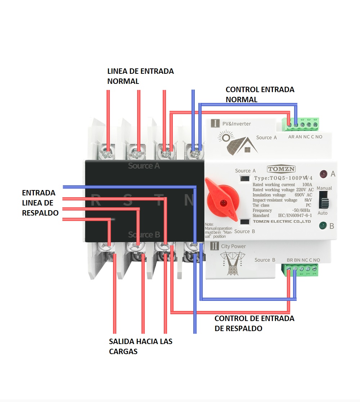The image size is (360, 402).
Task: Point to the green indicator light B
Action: (323, 226)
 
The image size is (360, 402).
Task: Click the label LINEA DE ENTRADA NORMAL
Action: (140, 76)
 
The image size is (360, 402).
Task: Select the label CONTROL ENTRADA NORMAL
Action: (260, 94)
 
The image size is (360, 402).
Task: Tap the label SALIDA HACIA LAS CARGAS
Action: (140, 346)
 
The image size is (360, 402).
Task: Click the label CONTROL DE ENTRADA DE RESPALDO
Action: (254, 323)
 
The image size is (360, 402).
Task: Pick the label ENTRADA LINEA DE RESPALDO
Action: (40, 203)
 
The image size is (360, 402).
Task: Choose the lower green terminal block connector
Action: (302, 270)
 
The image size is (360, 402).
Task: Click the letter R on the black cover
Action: (95, 200)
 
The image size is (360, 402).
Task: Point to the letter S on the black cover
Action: (128, 200)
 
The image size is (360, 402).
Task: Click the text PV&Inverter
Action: (237, 124)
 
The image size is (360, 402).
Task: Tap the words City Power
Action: (233, 247)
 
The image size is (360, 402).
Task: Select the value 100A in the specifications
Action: (307, 184)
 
